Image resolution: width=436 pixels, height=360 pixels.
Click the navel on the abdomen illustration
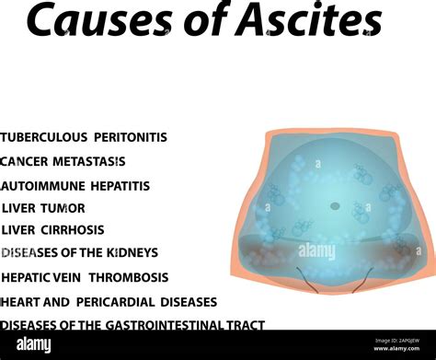click(335, 205)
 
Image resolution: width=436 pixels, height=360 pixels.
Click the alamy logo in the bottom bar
click(34, 344)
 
